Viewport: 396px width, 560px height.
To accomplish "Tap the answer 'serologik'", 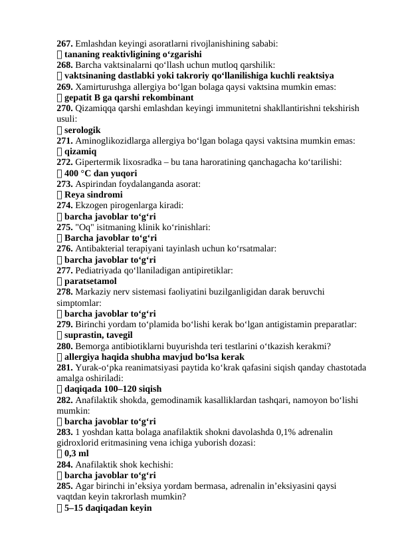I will (x=87, y=130).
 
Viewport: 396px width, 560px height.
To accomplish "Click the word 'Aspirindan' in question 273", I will (x=96, y=184).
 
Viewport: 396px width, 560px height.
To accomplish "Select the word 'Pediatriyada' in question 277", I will (x=100, y=270).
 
